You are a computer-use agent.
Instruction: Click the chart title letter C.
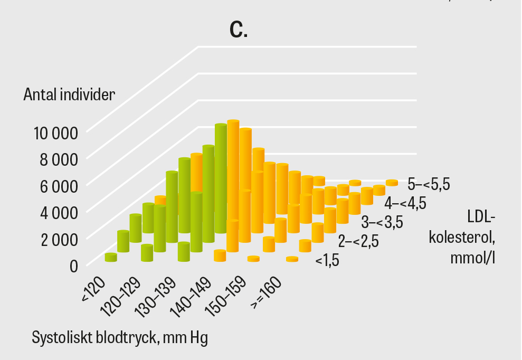point(239,30)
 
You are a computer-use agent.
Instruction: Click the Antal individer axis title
point(69,95)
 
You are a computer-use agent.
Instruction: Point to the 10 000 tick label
point(56,132)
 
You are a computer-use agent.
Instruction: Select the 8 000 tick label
point(59,158)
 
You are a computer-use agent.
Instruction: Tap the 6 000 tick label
point(59,185)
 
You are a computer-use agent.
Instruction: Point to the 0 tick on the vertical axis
point(74,265)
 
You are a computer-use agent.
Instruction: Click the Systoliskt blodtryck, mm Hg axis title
point(120,337)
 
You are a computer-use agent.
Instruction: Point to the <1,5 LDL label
point(327,260)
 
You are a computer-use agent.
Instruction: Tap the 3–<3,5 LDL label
point(382,222)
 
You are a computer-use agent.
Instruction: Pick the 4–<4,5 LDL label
point(405,203)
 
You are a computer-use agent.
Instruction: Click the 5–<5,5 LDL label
point(429,184)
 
